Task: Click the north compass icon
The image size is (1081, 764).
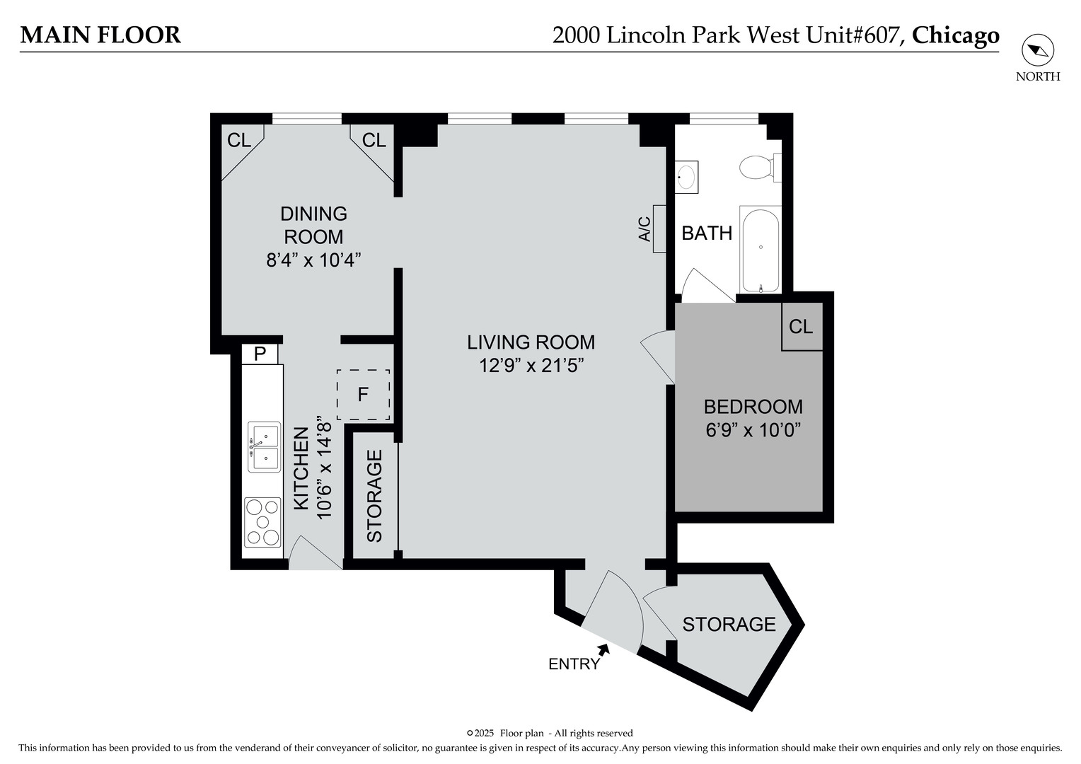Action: pos(1037,50)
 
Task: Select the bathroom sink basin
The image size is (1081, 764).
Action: pos(686,176)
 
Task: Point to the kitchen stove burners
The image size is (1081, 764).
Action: pos(262,523)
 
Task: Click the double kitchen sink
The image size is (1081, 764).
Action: pos(262,447)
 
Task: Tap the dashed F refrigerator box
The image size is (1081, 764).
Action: pos(363,395)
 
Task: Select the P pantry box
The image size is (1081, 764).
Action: pos(260,354)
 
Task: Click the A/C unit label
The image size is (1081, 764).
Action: pos(644,229)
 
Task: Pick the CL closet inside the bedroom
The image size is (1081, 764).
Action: pos(801,327)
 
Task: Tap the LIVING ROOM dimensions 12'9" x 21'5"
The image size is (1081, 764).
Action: pos(531,366)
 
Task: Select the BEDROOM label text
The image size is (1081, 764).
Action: pos(753,407)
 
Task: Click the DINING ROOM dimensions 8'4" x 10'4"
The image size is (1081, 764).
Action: pos(313,260)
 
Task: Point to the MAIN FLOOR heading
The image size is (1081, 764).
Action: pos(100,35)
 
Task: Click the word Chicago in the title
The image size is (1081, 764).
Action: pos(955,35)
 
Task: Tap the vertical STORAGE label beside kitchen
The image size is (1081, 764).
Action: pos(374,496)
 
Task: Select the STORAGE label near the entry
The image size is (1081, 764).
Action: pos(729,624)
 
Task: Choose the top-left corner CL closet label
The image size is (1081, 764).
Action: pos(239,140)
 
